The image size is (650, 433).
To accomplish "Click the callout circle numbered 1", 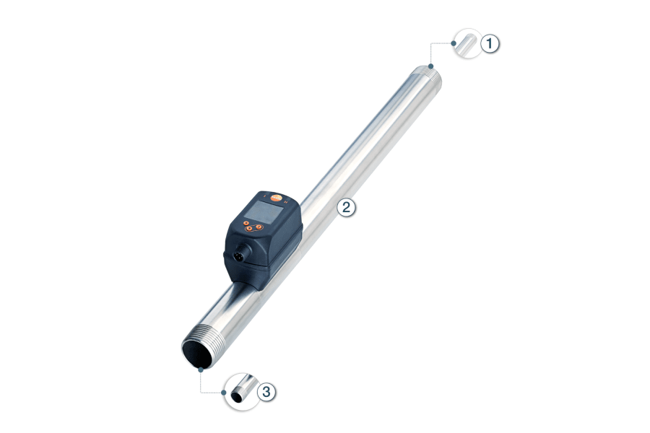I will (x=490, y=44).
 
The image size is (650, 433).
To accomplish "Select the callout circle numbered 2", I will (x=347, y=208).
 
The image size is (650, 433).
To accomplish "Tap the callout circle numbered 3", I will (x=266, y=392).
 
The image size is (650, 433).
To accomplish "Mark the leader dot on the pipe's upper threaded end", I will (x=432, y=66).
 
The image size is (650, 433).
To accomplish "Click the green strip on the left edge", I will (x=18, y=216).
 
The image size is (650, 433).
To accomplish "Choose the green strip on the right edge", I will (x=631, y=216).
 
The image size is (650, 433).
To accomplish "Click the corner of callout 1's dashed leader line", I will (x=432, y=43).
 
